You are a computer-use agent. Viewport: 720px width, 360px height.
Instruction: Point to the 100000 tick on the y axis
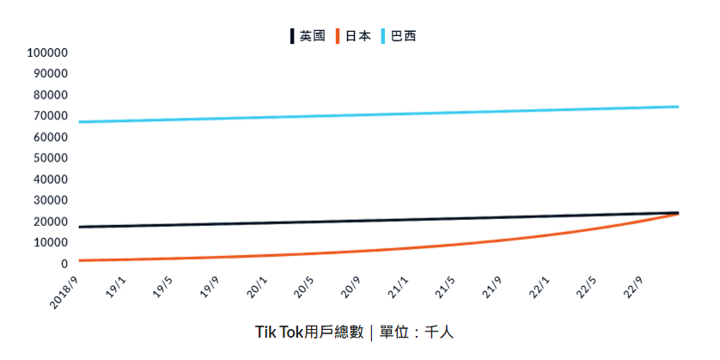pos(47,52)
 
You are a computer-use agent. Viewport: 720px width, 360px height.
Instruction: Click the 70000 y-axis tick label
pos(50,116)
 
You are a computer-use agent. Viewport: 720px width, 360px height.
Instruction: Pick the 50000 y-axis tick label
pos(50,158)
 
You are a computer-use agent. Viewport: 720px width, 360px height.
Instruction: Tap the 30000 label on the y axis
pos(50,200)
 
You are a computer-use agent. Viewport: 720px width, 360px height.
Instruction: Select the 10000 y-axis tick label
pos(50,242)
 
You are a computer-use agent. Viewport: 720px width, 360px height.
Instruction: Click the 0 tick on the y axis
pos(63,264)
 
